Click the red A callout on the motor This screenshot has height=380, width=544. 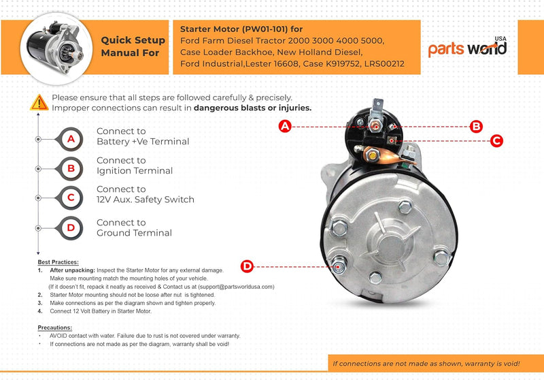286,126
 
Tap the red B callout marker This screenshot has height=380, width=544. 477,126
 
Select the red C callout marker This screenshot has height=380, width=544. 497,141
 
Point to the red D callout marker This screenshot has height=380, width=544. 248,266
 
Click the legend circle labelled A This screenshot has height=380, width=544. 71,139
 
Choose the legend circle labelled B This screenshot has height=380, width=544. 71,168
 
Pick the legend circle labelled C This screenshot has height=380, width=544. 71,197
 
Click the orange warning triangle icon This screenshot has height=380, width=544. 39,103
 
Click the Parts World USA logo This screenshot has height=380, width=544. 468,48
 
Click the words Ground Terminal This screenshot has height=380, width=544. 134,233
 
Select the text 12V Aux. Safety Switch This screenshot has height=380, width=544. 146,200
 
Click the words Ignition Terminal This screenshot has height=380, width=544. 135,171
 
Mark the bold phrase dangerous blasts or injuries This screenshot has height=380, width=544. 252,108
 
